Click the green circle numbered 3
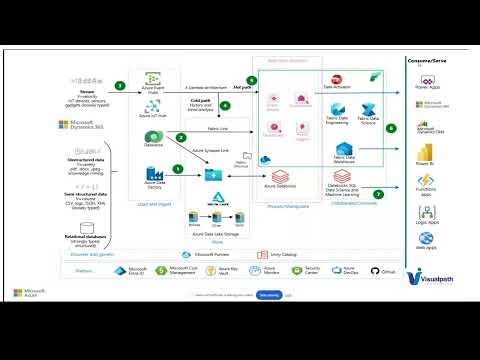120,86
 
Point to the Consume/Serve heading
432,61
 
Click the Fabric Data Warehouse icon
340,151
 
